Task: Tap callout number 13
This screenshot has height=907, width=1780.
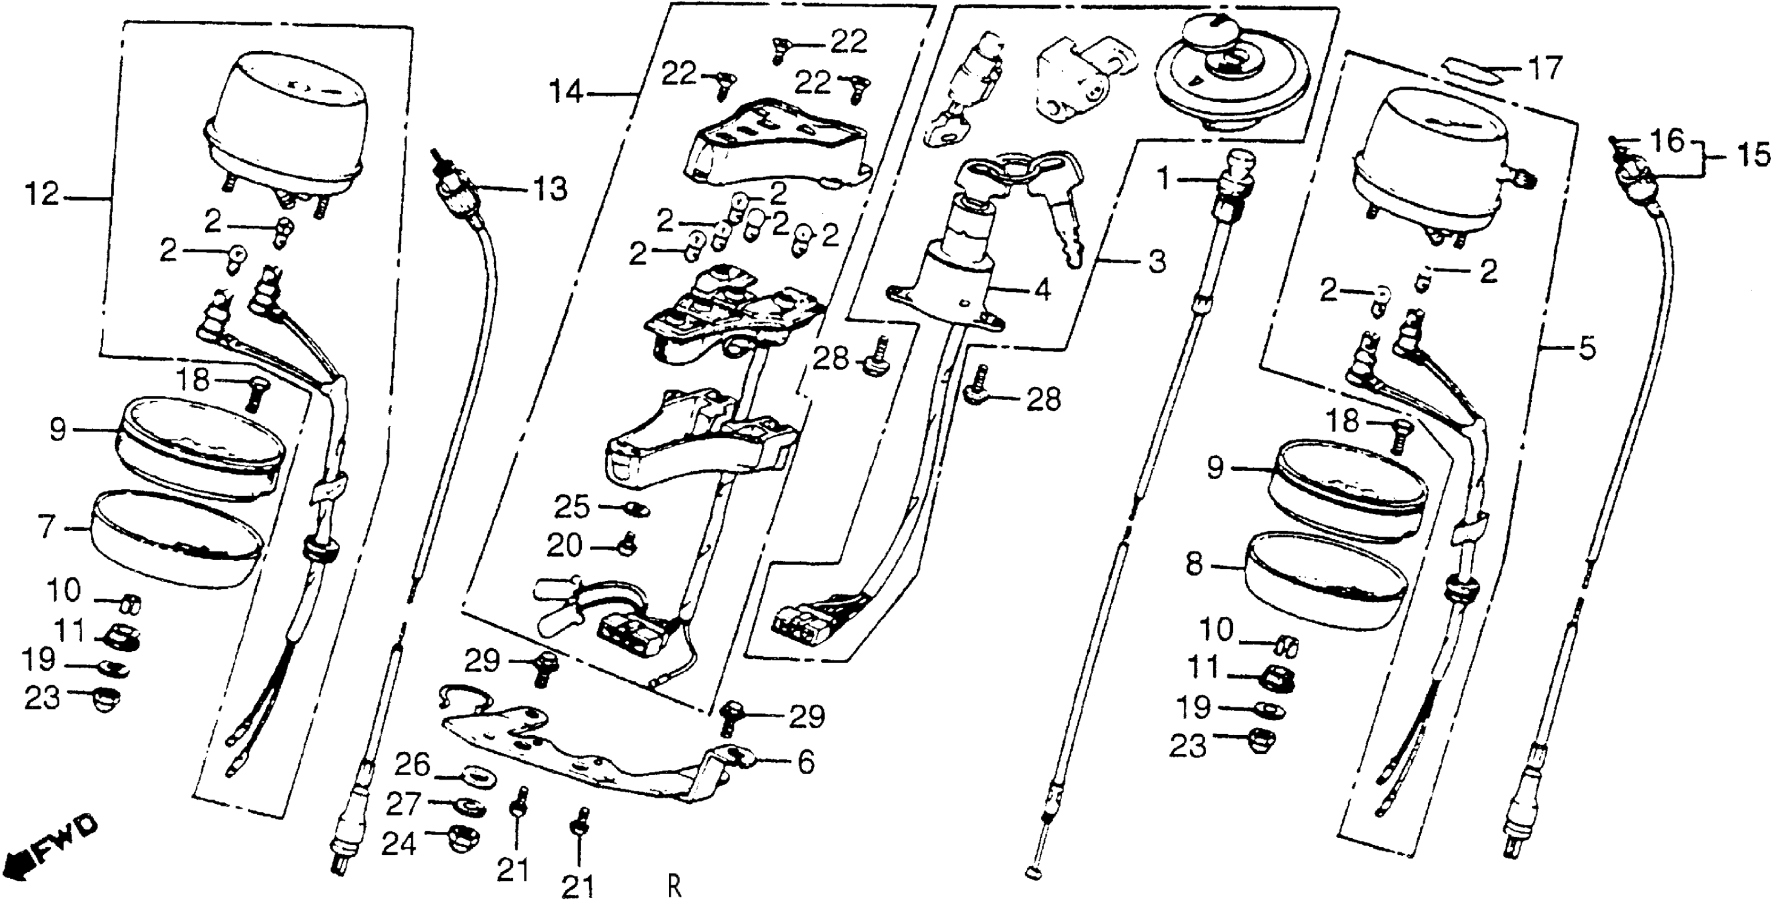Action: (549, 188)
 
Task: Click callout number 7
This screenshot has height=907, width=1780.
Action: (46, 528)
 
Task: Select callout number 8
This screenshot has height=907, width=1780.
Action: (1193, 565)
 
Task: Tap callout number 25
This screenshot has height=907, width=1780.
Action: (572, 508)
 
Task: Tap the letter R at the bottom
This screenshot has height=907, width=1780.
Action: (675, 886)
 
